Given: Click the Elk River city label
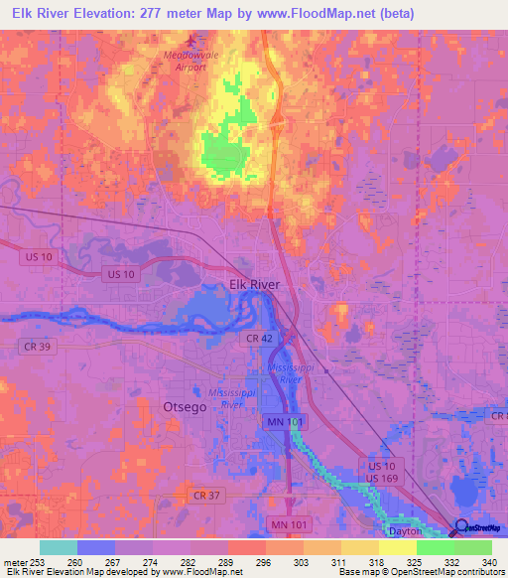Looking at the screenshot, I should coord(255,284).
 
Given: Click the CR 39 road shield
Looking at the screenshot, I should coord(35,345).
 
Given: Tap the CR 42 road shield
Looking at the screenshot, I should coord(259,339).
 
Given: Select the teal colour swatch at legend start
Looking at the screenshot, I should coord(59,547).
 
